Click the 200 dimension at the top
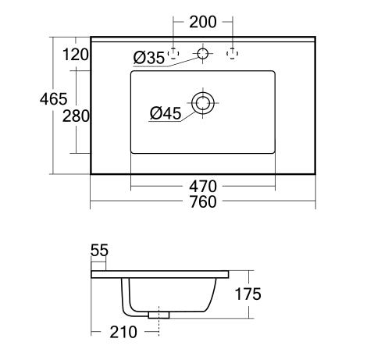pos(203,22)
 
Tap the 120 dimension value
pos(76,55)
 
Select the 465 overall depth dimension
pos(53,99)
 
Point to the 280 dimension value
pos(76,116)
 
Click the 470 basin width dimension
pos(203,187)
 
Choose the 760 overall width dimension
pos(203,201)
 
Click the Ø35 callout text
pos(149,58)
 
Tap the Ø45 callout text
pos(166,113)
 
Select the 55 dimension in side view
pos(99,251)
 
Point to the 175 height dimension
pos(248,294)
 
